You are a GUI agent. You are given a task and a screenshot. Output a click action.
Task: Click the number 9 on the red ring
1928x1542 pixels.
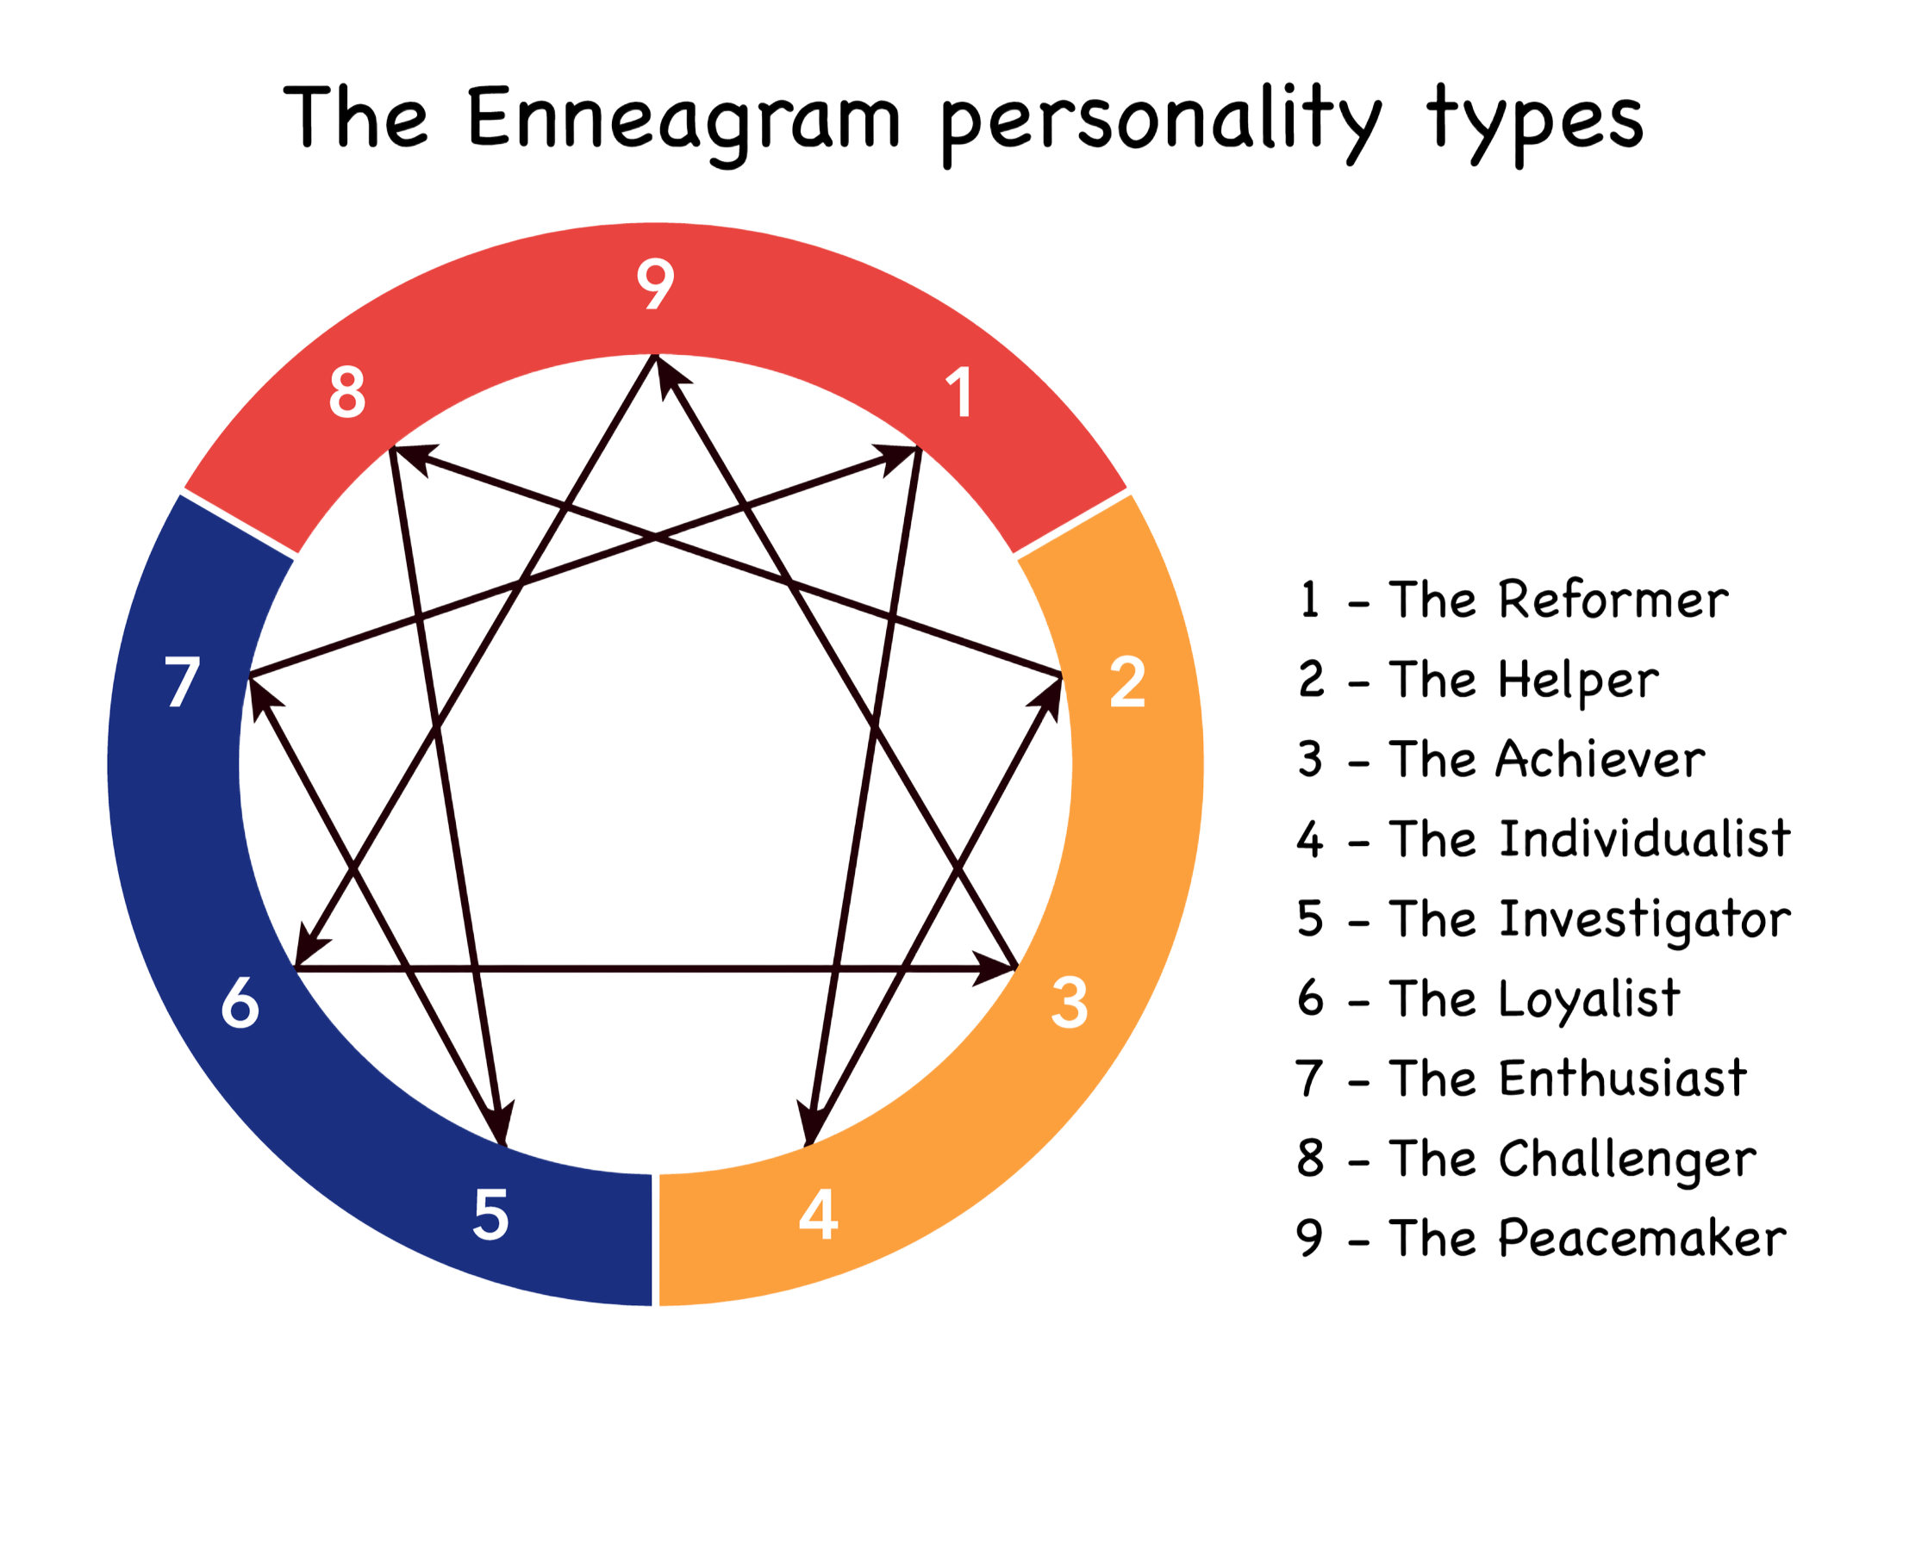point(655,284)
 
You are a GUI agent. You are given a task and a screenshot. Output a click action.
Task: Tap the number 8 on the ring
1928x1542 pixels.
point(347,393)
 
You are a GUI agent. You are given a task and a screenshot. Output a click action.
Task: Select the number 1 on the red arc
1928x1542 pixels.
point(959,393)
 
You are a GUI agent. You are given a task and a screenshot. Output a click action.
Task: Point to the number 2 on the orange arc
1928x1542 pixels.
point(1126,683)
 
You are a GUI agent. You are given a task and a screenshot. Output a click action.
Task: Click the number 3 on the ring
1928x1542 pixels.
point(1069,1003)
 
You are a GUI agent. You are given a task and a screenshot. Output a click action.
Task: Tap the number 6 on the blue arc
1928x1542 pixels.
point(240,1003)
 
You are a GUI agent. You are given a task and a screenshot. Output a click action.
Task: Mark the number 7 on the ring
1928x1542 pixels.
point(183,683)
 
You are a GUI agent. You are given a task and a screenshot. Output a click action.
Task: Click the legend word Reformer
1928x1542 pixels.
point(1613,600)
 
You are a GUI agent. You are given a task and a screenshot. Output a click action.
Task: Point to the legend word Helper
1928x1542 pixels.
point(1579,681)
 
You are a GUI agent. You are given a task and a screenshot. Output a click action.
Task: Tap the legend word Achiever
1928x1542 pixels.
point(1601,760)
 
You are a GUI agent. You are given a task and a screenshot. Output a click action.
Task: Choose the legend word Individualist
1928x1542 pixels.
point(1645,839)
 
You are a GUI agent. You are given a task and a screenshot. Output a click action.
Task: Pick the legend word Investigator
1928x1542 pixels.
point(1645,920)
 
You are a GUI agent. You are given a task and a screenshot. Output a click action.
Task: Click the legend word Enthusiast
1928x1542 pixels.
point(1623,1078)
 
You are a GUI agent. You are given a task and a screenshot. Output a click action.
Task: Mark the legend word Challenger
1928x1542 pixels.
point(1628,1160)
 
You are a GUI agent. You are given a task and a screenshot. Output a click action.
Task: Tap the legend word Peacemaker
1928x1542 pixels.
point(1643,1239)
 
